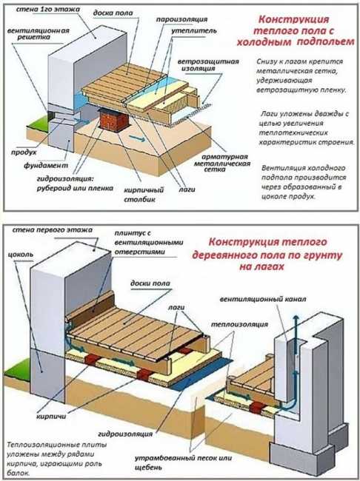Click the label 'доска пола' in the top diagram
point(113,13)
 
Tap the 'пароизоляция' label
point(181,20)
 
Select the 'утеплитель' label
point(194,31)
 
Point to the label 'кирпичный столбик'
point(144,195)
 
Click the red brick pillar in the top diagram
point(113,120)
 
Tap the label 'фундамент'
point(46,166)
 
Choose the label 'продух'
point(24,152)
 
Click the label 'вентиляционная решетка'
point(38,34)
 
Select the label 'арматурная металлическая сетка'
point(221,164)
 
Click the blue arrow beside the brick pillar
point(137,138)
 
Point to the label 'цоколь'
point(20,255)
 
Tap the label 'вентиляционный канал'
point(263,299)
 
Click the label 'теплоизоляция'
point(239,324)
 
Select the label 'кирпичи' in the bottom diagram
point(51,417)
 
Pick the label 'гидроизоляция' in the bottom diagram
point(125,434)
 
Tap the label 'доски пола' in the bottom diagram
point(150,283)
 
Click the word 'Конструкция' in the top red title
point(293,19)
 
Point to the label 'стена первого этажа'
point(52,229)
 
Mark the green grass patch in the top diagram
point(37,121)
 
